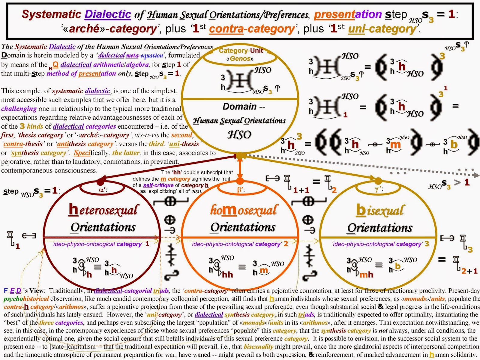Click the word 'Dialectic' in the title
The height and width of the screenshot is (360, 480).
pyautogui.click(x=108, y=14)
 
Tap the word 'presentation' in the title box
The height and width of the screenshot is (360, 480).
pyautogui.click(x=348, y=14)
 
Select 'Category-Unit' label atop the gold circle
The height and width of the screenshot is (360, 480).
pyautogui.click(x=241, y=51)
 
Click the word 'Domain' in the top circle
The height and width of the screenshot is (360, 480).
pyautogui.click(x=239, y=106)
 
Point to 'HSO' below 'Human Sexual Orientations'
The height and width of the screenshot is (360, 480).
pyautogui.click(x=239, y=135)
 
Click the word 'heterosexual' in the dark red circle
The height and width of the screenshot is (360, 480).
pyautogui.click(x=103, y=210)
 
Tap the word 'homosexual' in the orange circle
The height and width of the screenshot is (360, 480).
pyautogui.click(x=243, y=210)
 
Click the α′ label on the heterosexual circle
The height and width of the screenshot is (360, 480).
pyautogui.click(x=103, y=190)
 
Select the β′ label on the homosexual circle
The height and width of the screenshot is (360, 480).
pyautogui.click(x=240, y=190)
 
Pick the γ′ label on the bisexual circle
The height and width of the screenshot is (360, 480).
pyautogui.click(x=379, y=189)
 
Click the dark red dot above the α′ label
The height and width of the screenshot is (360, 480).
pyautogui.click(x=100, y=182)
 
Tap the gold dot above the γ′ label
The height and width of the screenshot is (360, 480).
pyautogui.click(x=378, y=181)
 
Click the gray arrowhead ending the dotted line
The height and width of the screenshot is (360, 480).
pyautogui.click(x=476, y=175)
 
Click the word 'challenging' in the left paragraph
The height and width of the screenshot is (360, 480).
pyautogui.click(x=19, y=109)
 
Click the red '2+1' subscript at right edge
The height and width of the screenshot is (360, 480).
pyautogui.click(x=469, y=271)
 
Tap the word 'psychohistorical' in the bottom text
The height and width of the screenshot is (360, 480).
pyautogui.click(x=26, y=299)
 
